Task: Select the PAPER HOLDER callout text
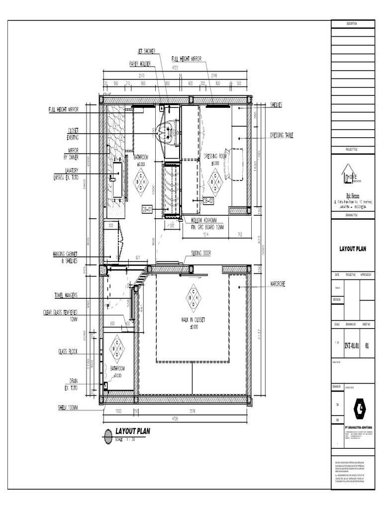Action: (141, 64)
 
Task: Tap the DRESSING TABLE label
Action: (282, 135)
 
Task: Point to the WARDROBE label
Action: (280, 284)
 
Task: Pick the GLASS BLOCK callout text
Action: (67, 351)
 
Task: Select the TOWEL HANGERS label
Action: (66, 295)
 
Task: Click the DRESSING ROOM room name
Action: (215, 156)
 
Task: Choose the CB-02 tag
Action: (208, 200)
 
